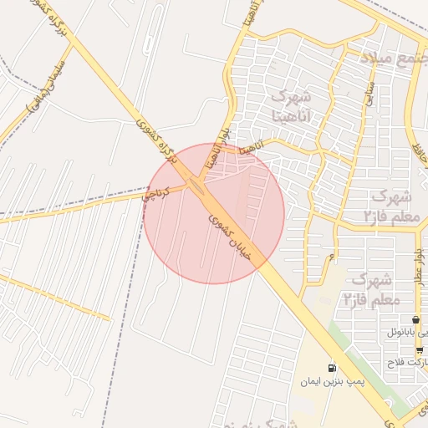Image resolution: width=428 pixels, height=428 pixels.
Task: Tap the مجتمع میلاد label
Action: [x=395, y=60]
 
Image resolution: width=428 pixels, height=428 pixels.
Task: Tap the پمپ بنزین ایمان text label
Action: [x=334, y=381]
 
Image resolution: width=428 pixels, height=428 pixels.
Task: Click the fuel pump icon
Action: [x=333, y=368]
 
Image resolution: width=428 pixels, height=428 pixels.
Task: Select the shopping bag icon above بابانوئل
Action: [x=416, y=320]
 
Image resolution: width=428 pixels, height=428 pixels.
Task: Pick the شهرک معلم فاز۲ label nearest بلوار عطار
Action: [x=374, y=288]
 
